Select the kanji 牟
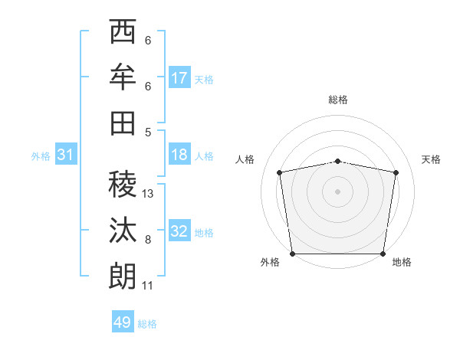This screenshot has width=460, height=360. tap(123, 77)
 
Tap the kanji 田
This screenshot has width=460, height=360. tap(123, 122)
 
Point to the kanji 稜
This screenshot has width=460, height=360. tap(123, 184)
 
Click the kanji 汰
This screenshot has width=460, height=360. tap(123, 229)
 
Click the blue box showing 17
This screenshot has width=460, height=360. tap(179, 78)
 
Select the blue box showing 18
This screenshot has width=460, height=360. tap(179, 155)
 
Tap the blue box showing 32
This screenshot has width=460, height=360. tap(179, 231)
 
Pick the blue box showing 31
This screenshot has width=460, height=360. tap(66, 155)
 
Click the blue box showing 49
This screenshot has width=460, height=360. tap(123, 322)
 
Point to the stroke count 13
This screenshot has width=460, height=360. tap(148, 194)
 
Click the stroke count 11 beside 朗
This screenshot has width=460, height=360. tap(147, 286)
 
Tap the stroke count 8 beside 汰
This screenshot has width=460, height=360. tap(147, 240)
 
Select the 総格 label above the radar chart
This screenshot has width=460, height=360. tap(337, 100)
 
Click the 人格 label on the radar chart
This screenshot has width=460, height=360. tap(245, 159)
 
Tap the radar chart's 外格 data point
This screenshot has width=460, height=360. tap(292, 254)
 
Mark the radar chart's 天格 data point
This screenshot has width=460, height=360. tap(396, 172)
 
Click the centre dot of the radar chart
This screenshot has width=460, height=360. tap(337, 191)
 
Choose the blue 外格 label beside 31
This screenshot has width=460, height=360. tap(41, 156)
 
